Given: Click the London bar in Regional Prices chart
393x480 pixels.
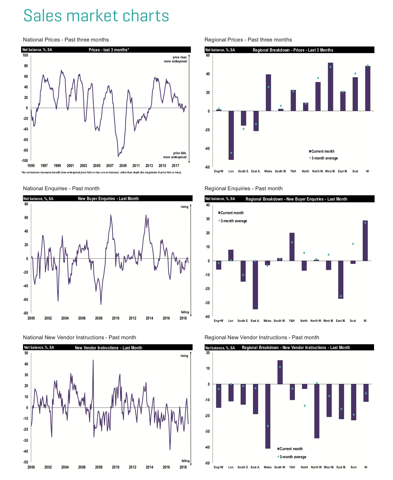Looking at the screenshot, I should [x=231, y=135].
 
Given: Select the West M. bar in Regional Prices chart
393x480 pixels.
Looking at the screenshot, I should [x=330, y=87].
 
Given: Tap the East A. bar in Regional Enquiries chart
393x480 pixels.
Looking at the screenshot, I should [x=255, y=285].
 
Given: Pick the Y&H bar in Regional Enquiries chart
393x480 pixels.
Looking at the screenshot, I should [x=292, y=247].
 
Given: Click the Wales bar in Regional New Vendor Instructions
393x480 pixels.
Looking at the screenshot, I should [x=268, y=416].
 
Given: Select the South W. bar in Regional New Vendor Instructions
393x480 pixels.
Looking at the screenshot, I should [x=280, y=372].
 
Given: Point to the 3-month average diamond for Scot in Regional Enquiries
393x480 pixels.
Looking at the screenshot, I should [x=353, y=244].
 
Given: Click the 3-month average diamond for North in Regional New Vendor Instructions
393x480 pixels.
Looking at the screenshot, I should [x=305, y=406].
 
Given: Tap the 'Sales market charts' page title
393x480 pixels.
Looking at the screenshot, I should [x=96, y=16].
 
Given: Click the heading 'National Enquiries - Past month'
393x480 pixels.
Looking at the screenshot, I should [x=61, y=188].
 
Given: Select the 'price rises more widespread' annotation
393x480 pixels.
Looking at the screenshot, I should [x=176, y=59].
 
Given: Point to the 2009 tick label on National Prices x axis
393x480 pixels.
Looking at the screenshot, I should [x=123, y=166].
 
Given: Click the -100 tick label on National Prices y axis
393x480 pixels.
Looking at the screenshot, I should [x=25, y=161].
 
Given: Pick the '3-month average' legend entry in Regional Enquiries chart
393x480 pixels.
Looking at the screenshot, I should [x=234, y=221].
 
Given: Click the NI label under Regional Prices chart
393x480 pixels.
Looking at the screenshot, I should [x=368, y=171].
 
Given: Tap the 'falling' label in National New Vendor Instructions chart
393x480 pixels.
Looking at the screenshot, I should [x=185, y=461].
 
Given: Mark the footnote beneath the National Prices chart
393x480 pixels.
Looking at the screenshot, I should [x=101, y=172].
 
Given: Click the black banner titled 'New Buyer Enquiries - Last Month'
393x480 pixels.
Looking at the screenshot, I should [x=108, y=198].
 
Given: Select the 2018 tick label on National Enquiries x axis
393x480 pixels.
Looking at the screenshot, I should [x=183, y=318].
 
